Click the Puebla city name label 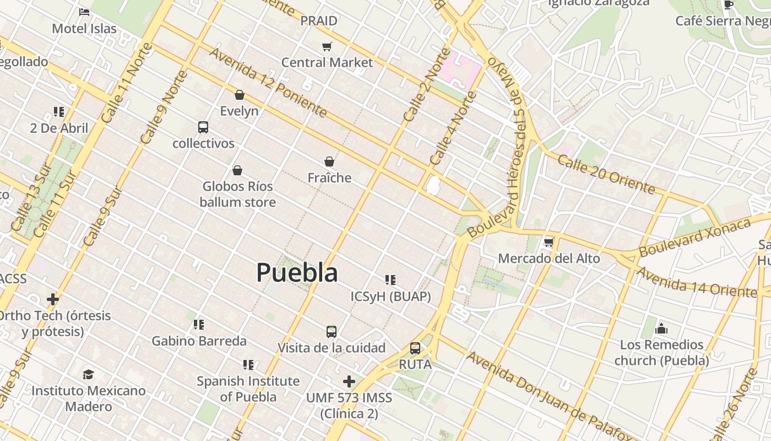pyautogui.click(x=297, y=273)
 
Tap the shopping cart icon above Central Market pyautogui.click(x=327, y=46)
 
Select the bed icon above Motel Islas pyautogui.click(x=84, y=12)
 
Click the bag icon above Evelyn pyautogui.click(x=239, y=95)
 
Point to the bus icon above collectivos pyautogui.click(x=203, y=127)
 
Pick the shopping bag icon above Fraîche pyautogui.click(x=329, y=162)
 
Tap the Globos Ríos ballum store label pyautogui.click(x=237, y=194)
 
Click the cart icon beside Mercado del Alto pyautogui.click(x=549, y=242)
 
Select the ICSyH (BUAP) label pyautogui.click(x=390, y=297)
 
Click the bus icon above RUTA pyautogui.click(x=415, y=348)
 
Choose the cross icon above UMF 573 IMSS pyautogui.click(x=349, y=381)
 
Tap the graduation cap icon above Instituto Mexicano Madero pyautogui.click(x=88, y=375)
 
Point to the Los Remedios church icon pyautogui.click(x=661, y=329)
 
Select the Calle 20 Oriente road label pyautogui.click(x=606, y=174)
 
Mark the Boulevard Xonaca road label pyautogui.click(x=695, y=238)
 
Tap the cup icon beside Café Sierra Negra pyautogui.click(x=729, y=5)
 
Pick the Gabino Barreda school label pyautogui.click(x=199, y=341)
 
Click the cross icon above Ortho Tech pyautogui.click(x=53, y=299)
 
